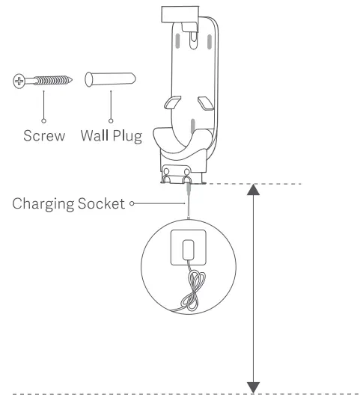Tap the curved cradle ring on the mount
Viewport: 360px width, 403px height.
click(183, 142)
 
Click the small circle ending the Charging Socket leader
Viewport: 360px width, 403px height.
click(132, 202)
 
